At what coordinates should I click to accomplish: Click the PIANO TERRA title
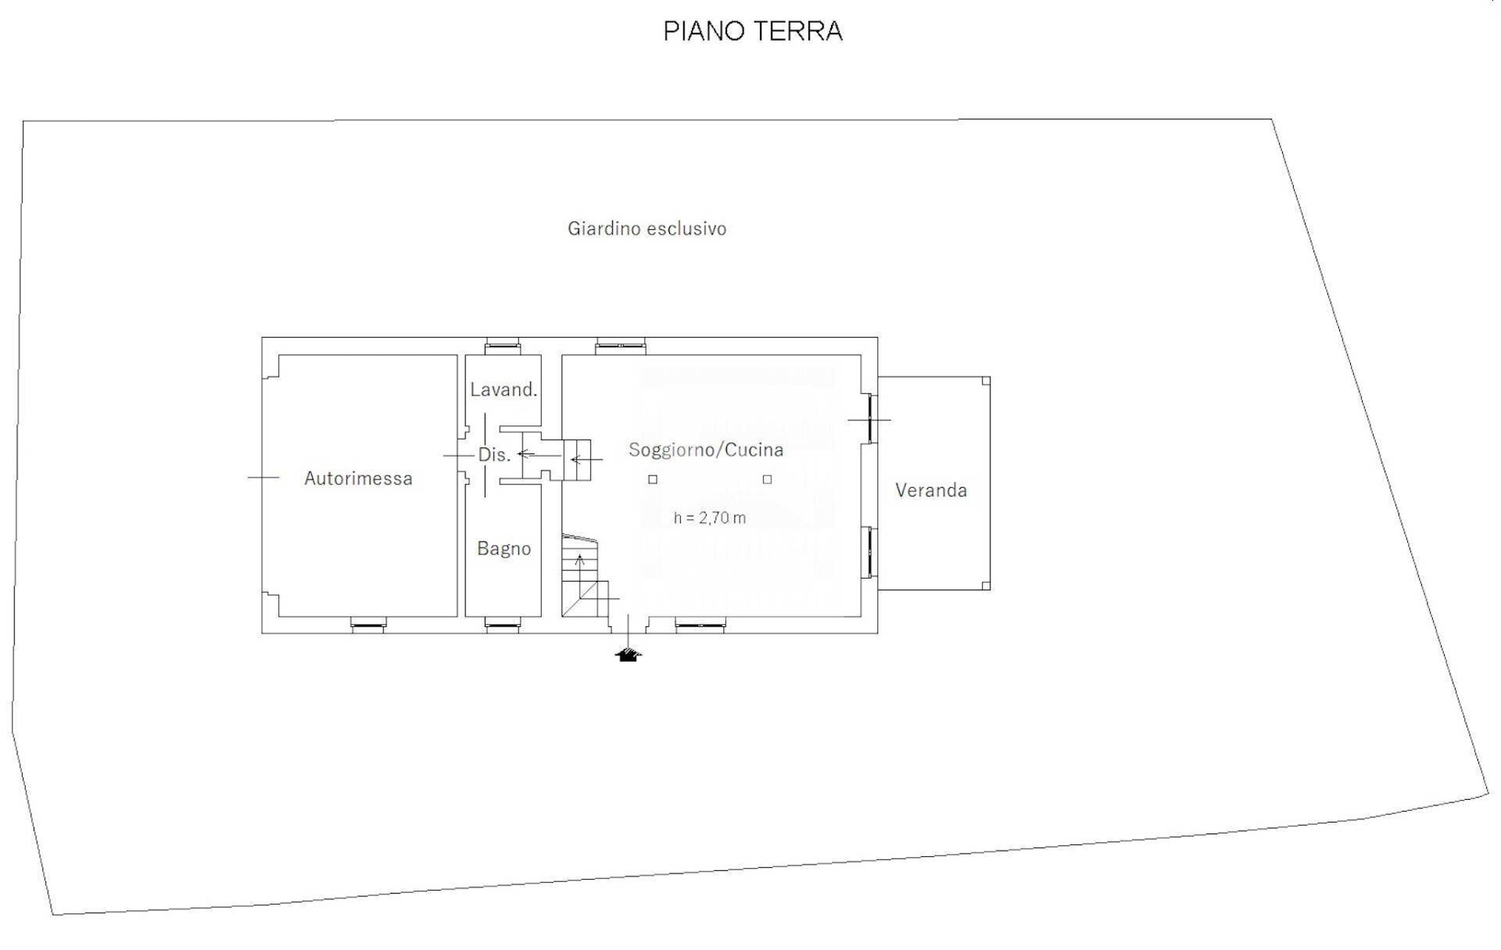pos(752,31)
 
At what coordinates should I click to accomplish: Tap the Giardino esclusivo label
pos(647,228)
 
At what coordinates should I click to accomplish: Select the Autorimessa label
pos(358,479)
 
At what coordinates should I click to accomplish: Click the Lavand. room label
pos(503,389)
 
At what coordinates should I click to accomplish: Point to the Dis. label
pos(494,455)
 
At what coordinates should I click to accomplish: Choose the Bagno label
pos(503,549)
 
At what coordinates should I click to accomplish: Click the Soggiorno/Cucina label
pos(705,450)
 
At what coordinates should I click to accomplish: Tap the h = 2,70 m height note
pos(709,518)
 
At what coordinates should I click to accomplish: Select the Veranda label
pos(930,490)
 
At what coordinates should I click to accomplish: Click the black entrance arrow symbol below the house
pos(628,655)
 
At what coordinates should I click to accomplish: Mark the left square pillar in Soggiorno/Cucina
pos(653,479)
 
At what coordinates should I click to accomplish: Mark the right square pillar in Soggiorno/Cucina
pos(767,479)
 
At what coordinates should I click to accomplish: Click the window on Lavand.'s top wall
pos(502,345)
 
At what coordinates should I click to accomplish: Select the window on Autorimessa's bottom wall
pos(367,624)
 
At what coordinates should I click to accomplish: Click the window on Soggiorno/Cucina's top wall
pos(621,345)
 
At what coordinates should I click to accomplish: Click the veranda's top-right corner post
pos(986,381)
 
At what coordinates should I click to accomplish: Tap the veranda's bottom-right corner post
pos(986,586)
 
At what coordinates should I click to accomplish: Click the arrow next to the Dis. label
pos(526,454)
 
